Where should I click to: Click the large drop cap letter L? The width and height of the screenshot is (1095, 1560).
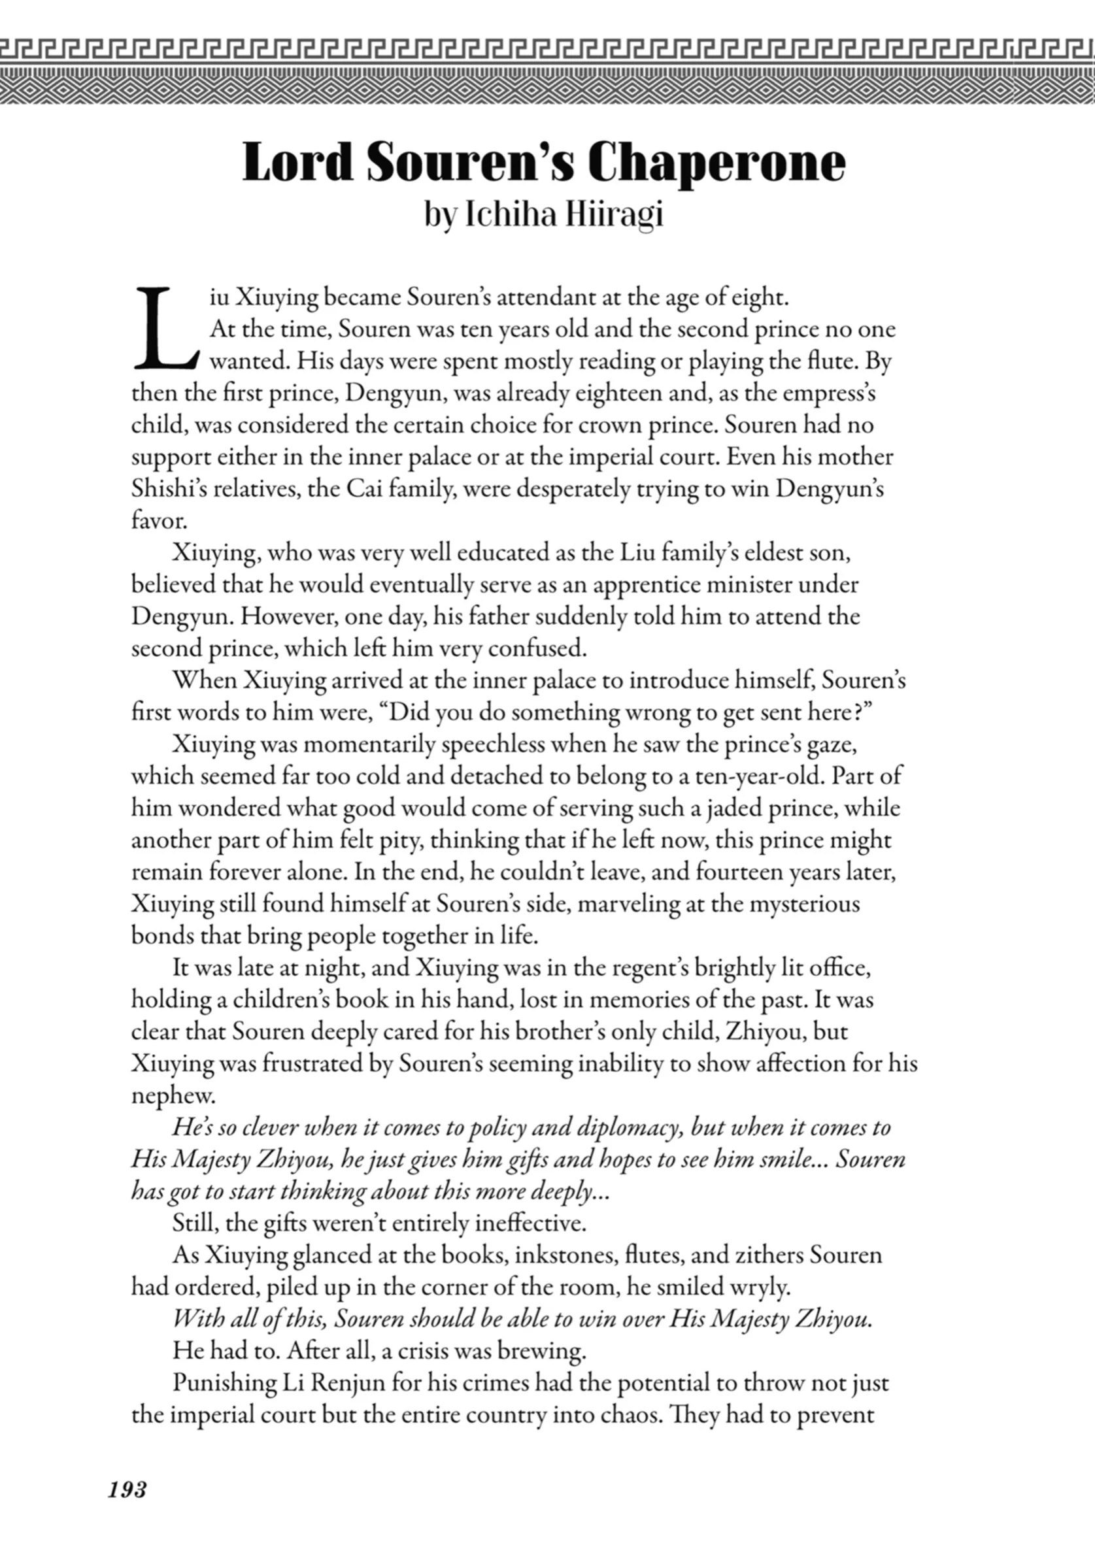[x=165, y=330]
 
